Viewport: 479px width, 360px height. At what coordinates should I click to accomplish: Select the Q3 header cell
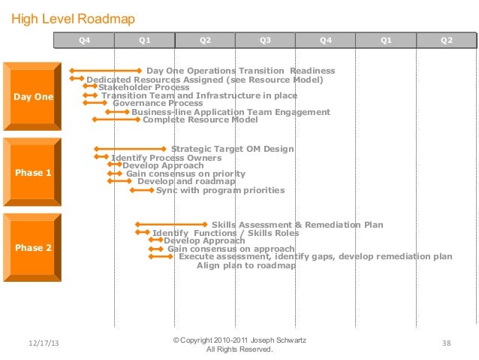[x=265, y=40]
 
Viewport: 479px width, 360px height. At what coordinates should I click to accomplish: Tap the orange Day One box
[x=33, y=96]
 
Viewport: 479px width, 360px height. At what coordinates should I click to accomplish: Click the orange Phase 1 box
[x=33, y=173]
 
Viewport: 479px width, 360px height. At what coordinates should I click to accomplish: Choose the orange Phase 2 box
[x=33, y=248]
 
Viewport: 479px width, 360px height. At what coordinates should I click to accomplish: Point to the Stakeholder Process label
[x=143, y=87]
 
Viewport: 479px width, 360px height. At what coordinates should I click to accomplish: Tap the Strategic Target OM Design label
[x=233, y=149]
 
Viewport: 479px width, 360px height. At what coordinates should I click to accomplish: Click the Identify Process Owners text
[x=166, y=158]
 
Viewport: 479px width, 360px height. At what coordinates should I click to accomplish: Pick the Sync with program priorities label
[x=220, y=190]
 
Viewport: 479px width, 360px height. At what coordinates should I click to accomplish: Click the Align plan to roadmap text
[x=236, y=265]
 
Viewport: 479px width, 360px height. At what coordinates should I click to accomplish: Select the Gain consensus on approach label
[x=230, y=249]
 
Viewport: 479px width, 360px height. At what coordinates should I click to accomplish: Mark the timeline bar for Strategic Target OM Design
[x=130, y=149]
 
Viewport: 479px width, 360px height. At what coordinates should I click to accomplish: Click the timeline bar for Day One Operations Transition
[x=107, y=71]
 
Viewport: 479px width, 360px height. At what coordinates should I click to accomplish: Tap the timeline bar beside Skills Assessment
[x=171, y=224]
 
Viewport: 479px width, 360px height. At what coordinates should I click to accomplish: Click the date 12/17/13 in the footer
[x=44, y=343]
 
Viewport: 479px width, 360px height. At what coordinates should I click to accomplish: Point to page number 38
[x=446, y=343]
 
